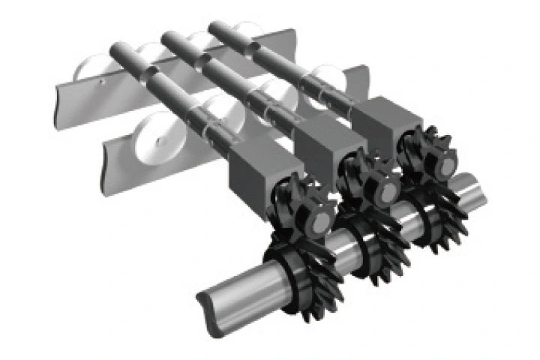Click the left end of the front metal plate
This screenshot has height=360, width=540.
pyautogui.click(x=111, y=157)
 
